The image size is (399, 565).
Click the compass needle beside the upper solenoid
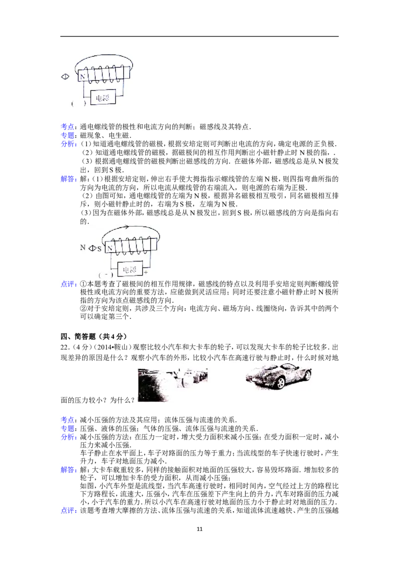click(65, 77)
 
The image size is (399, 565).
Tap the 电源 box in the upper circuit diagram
click(103, 98)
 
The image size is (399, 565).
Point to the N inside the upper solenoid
click(82, 76)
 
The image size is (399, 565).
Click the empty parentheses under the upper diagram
click(79, 104)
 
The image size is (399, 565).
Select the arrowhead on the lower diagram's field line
click(126, 227)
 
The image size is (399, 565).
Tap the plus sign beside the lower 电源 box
click(146, 272)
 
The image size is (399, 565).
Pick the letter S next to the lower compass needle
click(99, 249)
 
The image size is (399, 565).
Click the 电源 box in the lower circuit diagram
click(130, 269)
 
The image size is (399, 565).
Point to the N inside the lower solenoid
click(110, 248)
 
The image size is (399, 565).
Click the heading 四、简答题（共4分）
click(94, 336)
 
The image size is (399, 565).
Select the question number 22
click(64, 347)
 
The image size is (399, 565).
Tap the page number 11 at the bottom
click(200, 529)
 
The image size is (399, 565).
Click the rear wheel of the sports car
click(281, 383)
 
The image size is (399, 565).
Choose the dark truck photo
click(173, 384)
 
